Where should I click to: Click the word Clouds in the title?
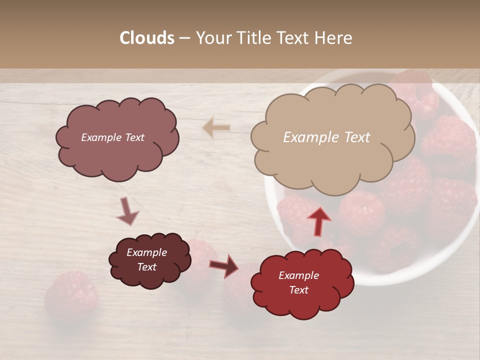(x=146, y=38)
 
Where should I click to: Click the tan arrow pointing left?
(x=216, y=128)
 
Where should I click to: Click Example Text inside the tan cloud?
(x=326, y=137)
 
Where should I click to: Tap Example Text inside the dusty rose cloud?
(x=112, y=137)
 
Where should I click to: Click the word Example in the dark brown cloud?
(x=146, y=252)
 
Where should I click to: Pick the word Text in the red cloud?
(x=298, y=290)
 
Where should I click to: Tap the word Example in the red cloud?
(x=298, y=275)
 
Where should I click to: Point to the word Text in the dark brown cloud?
(x=146, y=267)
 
